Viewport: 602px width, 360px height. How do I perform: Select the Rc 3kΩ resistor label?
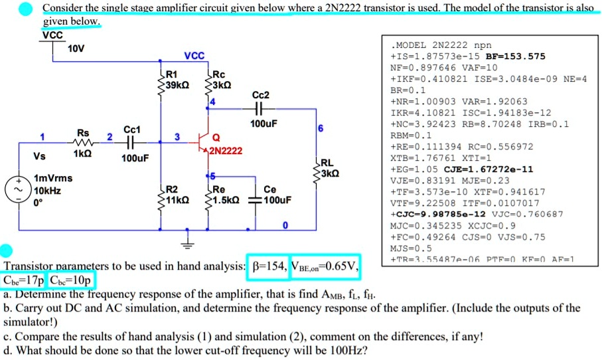(x=222, y=79)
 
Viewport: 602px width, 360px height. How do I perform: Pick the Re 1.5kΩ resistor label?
(x=223, y=193)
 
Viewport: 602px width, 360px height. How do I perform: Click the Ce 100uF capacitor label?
(x=273, y=194)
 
